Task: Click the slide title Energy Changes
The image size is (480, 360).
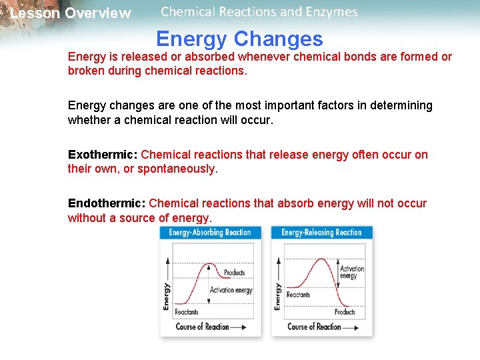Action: point(239,39)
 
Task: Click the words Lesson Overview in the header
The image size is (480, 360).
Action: point(71,13)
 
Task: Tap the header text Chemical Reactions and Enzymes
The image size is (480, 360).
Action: point(259,12)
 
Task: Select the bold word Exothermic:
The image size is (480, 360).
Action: point(103,155)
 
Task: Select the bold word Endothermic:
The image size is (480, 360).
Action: point(107,203)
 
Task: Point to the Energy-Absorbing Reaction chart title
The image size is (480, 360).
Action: point(209,233)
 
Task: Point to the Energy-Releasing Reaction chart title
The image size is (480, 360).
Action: point(321,233)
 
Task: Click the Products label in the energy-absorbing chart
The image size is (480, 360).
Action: point(235,273)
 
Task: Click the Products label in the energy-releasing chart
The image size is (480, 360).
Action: point(345,312)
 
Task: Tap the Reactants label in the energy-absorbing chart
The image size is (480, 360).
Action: point(187,312)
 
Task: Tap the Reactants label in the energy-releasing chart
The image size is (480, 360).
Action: point(298,295)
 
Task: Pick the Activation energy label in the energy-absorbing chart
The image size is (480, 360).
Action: point(231,290)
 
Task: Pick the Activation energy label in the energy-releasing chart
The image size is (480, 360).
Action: point(352,273)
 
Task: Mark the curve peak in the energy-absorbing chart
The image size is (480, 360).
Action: point(211,265)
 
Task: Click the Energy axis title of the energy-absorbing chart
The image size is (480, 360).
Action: point(167,295)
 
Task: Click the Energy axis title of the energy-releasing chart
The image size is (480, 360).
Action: point(278,295)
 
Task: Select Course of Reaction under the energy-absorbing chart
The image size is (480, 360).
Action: point(202,327)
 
